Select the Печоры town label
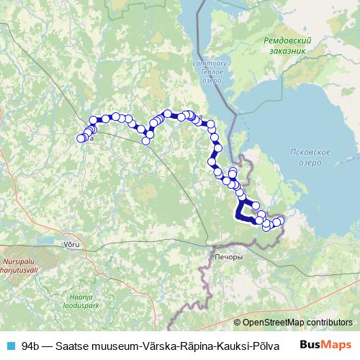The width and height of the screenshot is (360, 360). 228,256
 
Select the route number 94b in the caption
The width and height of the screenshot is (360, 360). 31,346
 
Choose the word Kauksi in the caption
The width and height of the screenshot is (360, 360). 227,346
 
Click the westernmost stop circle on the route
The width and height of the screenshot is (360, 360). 81,138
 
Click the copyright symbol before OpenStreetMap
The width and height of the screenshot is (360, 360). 238,323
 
